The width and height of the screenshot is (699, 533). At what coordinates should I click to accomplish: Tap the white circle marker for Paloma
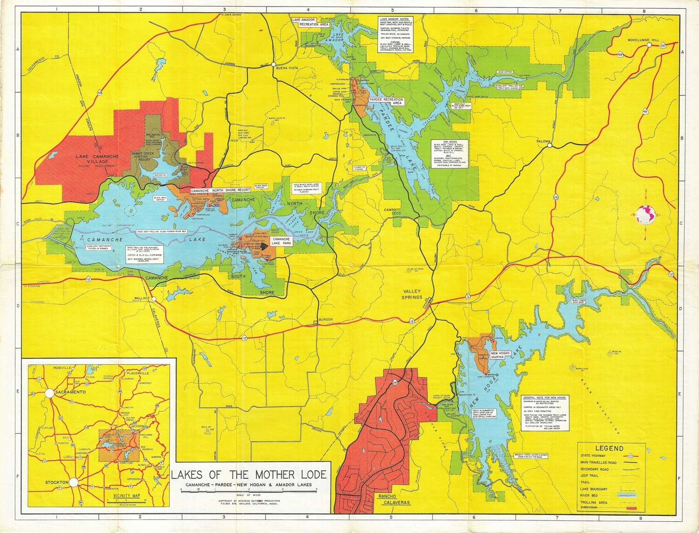click(x=549, y=145)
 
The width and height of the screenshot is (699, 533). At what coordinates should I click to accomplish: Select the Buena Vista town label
click(x=288, y=68)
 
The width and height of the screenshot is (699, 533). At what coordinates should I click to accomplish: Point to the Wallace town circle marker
click(x=153, y=298)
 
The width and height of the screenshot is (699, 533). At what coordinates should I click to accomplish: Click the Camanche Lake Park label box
click(x=281, y=241)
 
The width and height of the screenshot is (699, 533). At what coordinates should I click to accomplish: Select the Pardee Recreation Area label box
click(x=385, y=101)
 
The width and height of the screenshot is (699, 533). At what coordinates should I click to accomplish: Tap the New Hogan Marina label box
click(x=500, y=355)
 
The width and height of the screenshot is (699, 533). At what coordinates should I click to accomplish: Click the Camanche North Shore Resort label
click(x=220, y=191)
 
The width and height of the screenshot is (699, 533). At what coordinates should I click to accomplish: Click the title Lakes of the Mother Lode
click(x=249, y=475)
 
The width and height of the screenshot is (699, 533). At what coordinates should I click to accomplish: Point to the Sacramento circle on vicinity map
click(x=49, y=393)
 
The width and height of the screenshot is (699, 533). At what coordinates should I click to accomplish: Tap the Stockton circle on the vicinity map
click(x=74, y=483)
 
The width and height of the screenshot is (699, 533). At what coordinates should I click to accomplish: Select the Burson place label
click(x=325, y=319)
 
